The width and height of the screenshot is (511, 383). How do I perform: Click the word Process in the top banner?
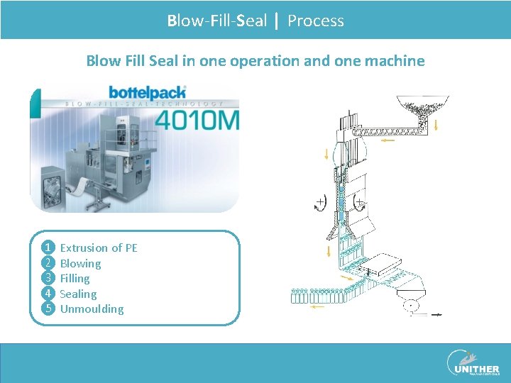(x=316, y=21)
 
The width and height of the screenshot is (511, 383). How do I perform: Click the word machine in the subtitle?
(x=395, y=61)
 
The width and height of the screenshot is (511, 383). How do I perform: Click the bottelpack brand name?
(x=147, y=92)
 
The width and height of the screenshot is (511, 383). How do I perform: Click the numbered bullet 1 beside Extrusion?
(x=48, y=248)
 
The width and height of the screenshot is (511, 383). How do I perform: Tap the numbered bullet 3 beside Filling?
(x=48, y=278)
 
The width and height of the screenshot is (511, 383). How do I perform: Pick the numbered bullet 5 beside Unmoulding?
(x=48, y=309)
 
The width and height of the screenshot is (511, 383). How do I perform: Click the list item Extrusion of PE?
(x=99, y=248)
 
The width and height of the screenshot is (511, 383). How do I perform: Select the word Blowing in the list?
(x=80, y=263)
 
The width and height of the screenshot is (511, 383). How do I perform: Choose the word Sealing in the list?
(x=78, y=294)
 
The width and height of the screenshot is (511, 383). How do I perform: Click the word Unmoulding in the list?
(x=92, y=309)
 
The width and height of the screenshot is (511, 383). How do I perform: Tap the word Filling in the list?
(x=75, y=279)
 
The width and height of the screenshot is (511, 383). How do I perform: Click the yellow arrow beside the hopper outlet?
(x=435, y=125)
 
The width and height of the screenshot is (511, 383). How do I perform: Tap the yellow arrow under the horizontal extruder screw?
(x=388, y=140)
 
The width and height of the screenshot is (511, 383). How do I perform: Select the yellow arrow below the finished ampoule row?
(x=317, y=306)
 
